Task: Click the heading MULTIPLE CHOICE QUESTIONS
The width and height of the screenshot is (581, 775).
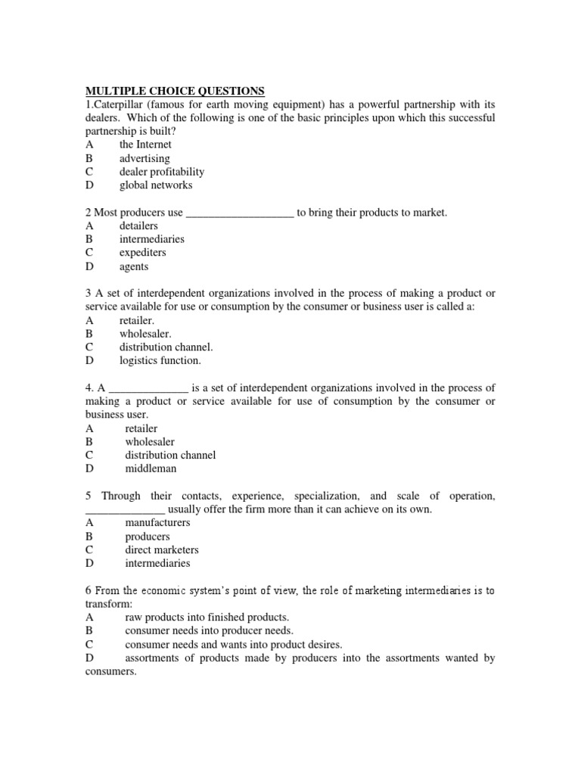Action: pyautogui.click(x=175, y=91)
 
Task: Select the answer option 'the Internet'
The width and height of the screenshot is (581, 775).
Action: pyautogui.click(x=145, y=145)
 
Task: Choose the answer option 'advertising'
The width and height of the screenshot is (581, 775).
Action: pyautogui.click(x=144, y=158)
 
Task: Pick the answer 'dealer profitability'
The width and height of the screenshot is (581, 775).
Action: pyautogui.click(x=162, y=172)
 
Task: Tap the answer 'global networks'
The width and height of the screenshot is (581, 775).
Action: pyautogui.click(x=156, y=185)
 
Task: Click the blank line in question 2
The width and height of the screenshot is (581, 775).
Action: pyautogui.click(x=240, y=213)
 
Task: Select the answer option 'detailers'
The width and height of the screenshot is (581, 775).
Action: pyautogui.click(x=138, y=226)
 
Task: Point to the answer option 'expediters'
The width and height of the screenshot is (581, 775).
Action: pyautogui.click(x=142, y=253)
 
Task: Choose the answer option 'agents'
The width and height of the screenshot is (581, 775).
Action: pyautogui.click(x=134, y=266)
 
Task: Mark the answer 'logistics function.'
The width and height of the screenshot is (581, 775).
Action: pyautogui.click(x=160, y=361)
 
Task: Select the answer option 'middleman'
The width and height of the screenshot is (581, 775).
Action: pyautogui.click(x=151, y=469)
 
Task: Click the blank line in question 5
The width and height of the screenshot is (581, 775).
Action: pyautogui.click(x=125, y=510)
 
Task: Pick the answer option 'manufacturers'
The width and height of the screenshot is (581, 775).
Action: pyautogui.click(x=157, y=523)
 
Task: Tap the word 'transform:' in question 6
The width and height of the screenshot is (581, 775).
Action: pyautogui.click(x=109, y=604)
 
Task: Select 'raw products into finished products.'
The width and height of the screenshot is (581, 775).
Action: pyautogui.click(x=207, y=618)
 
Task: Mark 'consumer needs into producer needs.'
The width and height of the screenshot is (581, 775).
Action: pyautogui.click(x=209, y=630)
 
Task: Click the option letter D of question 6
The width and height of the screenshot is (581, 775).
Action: pyautogui.click(x=89, y=658)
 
